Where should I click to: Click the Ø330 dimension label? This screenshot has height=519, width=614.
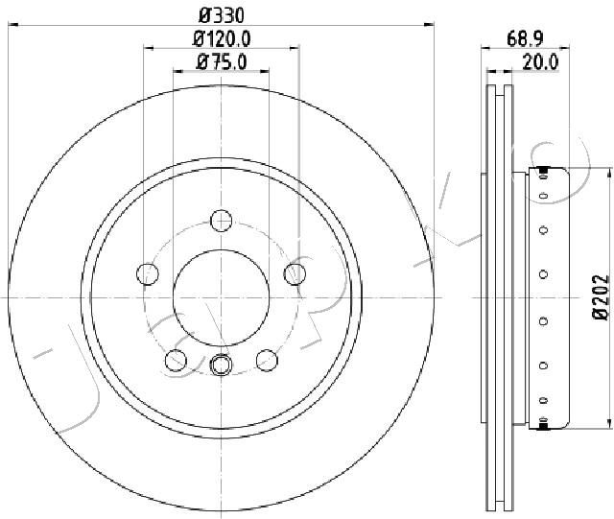coord(222,16)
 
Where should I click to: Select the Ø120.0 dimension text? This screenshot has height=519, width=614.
coord(222,39)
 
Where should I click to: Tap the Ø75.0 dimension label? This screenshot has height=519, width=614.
coord(222,62)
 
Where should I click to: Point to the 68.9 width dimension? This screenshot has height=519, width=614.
coord(525,38)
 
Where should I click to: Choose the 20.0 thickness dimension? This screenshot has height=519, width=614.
coord(540,62)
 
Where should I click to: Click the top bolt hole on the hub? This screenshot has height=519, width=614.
coord(222,220)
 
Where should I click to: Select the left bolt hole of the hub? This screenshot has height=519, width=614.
coord(148,273)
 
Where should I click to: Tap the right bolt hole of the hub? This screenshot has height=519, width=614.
coord(295,273)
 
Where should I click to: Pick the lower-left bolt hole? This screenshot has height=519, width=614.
coord(176,361)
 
